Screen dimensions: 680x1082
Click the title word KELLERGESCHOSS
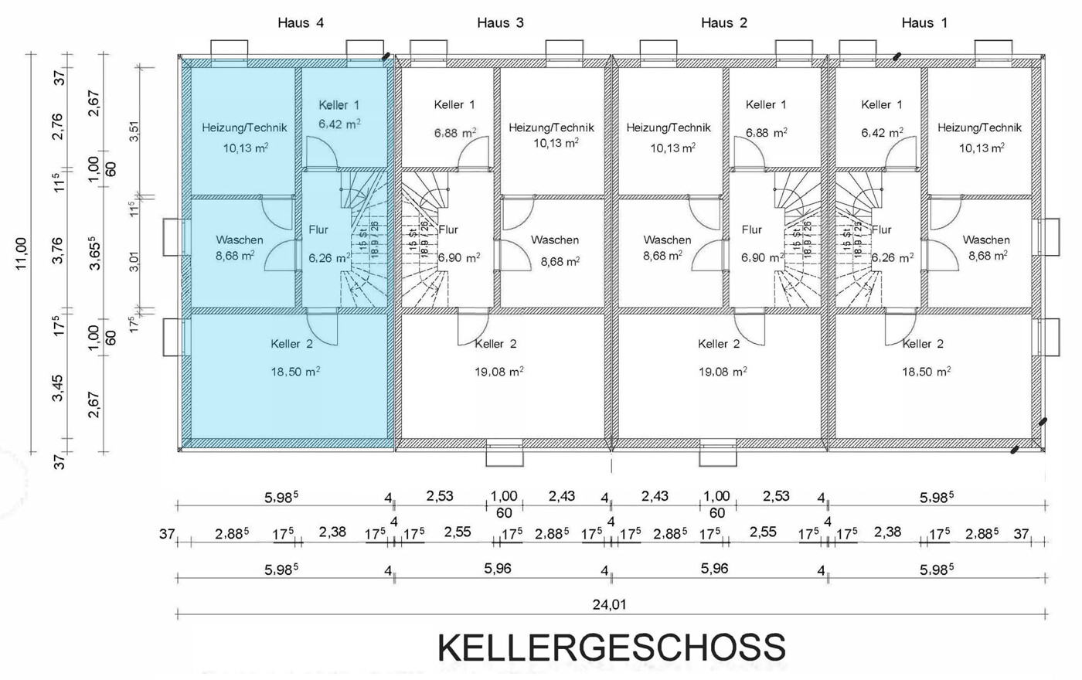point(611,648)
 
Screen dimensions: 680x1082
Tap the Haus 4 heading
point(301,23)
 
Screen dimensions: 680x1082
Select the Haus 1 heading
point(924,23)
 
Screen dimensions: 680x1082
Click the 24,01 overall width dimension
point(609,605)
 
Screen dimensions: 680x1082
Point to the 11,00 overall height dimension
point(21,253)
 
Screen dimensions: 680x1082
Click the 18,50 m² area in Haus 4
point(295,372)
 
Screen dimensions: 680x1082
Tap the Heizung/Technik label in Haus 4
point(244,127)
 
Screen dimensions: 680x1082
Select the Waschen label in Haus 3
point(555,240)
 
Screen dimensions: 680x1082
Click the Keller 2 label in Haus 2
point(719,344)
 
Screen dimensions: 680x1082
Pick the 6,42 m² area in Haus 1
point(882,133)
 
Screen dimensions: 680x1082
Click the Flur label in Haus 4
point(318,229)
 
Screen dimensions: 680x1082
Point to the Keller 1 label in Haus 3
point(454,104)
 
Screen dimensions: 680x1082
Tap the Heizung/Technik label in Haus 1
point(979,127)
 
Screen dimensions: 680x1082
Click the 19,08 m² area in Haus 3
point(498,372)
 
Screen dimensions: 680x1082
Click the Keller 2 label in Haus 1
point(923,344)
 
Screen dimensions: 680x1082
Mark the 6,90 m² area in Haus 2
point(763,257)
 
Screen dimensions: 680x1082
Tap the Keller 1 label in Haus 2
point(766,104)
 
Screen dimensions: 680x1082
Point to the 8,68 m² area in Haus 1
point(987,256)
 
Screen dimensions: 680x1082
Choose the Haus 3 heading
point(500,23)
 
